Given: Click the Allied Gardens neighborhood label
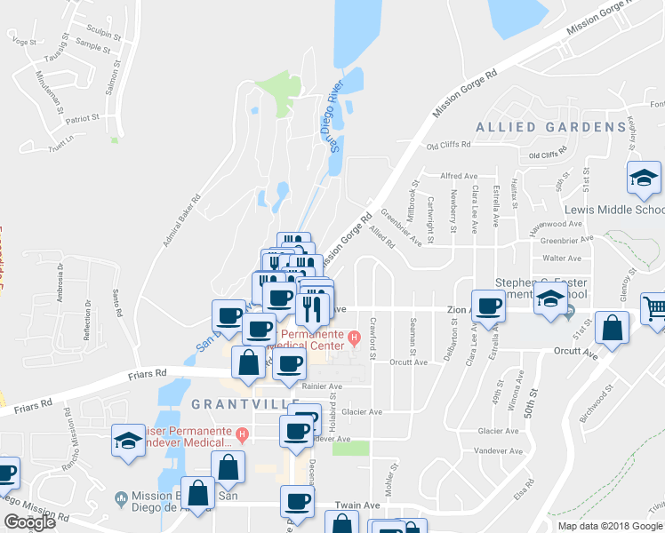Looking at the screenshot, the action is (x=551, y=127).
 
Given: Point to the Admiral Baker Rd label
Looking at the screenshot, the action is (x=179, y=221).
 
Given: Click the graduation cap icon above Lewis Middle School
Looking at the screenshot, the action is (x=644, y=178).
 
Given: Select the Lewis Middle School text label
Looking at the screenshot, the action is (x=613, y=211).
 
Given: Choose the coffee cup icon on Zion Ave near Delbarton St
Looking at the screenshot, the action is (x=487, y=306).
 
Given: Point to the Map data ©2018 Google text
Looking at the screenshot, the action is (x=610, y=525).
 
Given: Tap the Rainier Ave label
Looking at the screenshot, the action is (x=323, y=386).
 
